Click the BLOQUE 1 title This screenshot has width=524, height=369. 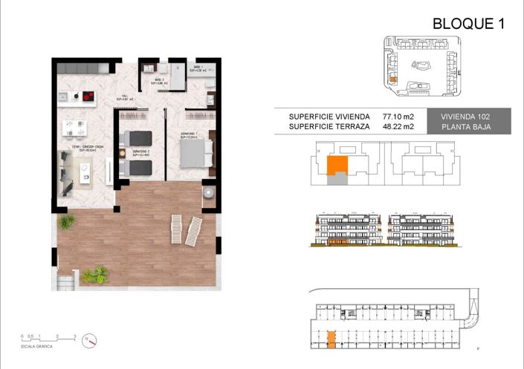[x=468, y=24]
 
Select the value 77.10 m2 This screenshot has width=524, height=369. [x=398, y=117]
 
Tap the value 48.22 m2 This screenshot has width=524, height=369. [x=398, y=128]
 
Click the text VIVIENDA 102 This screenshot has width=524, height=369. [x=474, y=117]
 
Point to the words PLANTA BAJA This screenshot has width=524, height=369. [x=474, y=128]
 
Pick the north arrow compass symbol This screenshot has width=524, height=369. [x=91, y=340]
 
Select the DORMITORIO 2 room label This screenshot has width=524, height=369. [x=142, y=153]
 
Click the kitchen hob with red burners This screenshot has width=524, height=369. [x=88, y=96]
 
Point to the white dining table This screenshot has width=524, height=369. [x=74, y=125]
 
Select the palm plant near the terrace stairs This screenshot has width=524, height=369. [x=94, y=275]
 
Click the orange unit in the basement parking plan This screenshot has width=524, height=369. [x=331, y=339]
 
